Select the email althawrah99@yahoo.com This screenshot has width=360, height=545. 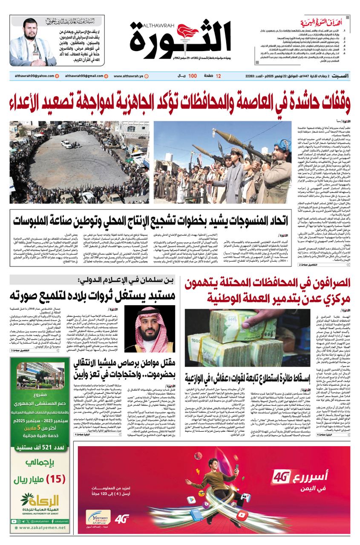pos(32,76)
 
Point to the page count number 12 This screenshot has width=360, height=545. pos(218,76)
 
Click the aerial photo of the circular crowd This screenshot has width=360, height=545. pos(80,162)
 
